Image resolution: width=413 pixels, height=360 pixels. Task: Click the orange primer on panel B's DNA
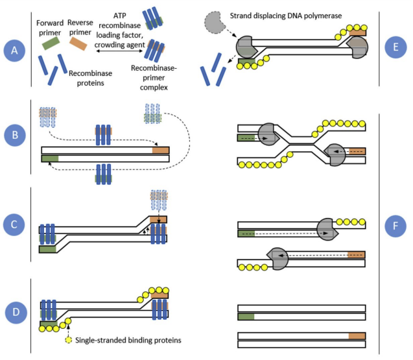(160, 150)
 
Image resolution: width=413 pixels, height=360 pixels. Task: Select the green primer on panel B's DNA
(50, 158)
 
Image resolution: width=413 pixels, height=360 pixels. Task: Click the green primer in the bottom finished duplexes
(246, 317)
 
